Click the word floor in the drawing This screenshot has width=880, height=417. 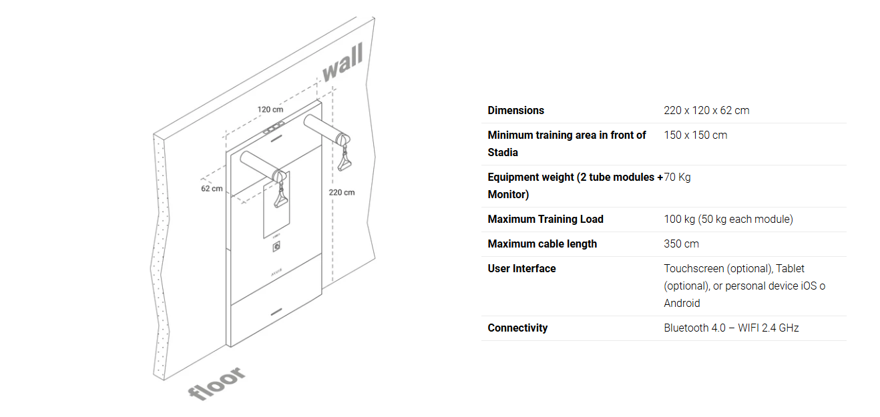tap(216, 384)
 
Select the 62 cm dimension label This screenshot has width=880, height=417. tap(212, 189)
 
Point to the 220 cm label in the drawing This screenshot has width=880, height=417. tap(341, 192)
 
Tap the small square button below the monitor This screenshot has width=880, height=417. tap(275, 248)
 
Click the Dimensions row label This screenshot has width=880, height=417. tap(515, 111)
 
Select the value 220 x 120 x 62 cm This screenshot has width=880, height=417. tap(706, 111)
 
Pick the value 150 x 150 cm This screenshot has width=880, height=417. tap(695, 135)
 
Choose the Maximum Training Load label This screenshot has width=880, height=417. tap(545, 220)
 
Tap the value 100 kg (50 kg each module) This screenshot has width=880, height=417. tap(728, 220)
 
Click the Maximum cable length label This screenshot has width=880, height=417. tap(542, 244)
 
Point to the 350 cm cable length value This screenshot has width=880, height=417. tap(681, 244)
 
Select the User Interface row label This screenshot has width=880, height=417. tap(521, 269)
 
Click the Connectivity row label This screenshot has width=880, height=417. tap(517, 328)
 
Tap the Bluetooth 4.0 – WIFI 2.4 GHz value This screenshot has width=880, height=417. tap(731, 328)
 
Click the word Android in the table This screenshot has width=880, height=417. tap(682, 304)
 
